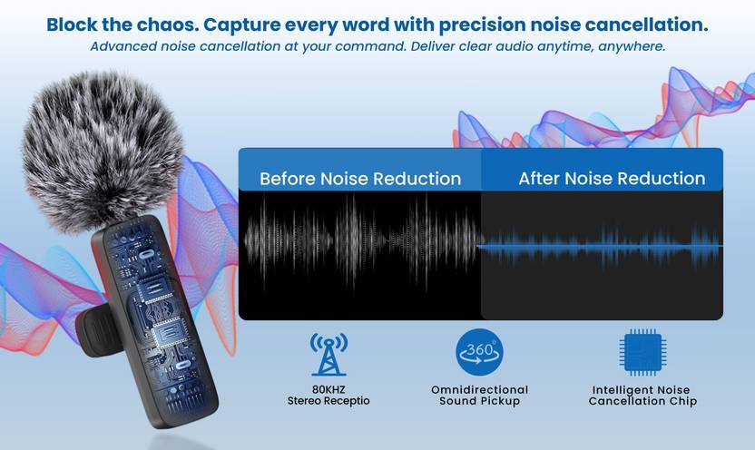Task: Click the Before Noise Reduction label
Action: (x=360, y=179)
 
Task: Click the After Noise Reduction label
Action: (x=612, y=179)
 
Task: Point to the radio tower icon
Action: (x=328, y=355)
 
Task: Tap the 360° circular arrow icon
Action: (x=479, y=353)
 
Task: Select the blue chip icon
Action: (x=642, y=353)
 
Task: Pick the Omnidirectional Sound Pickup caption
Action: (x=479, y=396)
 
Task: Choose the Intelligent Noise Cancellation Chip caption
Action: (x=642, y=396)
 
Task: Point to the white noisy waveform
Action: (x=361, y=243)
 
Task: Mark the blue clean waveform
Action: (x=602, y=246)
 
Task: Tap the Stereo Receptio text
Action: (x=328, y=401)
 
